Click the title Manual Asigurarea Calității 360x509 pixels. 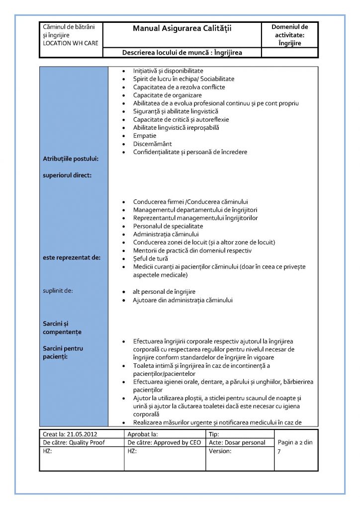pos(182,29)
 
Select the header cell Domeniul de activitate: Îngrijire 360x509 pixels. pos(290,35)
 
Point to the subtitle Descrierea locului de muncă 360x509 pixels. pos(182,53)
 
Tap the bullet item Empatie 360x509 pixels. pos(145,136)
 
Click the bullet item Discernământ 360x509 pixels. pos(153,144)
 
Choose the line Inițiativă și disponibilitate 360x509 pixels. pos(168,71)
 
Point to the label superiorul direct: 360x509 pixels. pos(67,175)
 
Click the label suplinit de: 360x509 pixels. pos(58,290)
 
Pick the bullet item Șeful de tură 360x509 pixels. pos(150,258)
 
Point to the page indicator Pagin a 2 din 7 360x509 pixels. pos(295,446)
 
